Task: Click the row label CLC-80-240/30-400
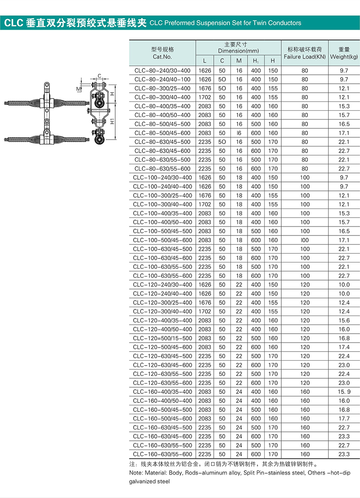pyautogui.click(x=162, y=71)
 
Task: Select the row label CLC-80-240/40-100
pyautogui.click(x=162, y=79)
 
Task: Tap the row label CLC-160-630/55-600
pyautogui.click(x=162, y=454)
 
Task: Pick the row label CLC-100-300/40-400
pyautogui.click(x=162, y=204)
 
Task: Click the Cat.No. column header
pyautogui.click(x=162, y=57)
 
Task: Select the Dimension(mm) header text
pyautogui.click(x=238, y=51)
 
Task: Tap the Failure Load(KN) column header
pyautogui.click(x=305, y=57)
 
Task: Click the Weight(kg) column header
pyautogui.click(x=344, y=57)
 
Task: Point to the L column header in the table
pyautogui.click(x=204, y=61)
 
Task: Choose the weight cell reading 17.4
pyautogui.click(x=344, y=347)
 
